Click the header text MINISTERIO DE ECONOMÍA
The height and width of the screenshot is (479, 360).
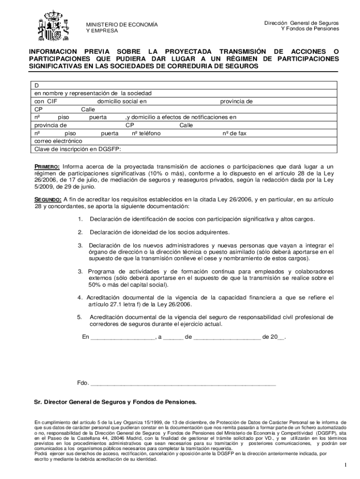[121, 24]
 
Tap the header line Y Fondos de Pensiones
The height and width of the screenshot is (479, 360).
[310, 29]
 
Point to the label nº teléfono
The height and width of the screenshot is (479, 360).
[146, 133]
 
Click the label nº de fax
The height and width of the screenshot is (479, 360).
[234, 133]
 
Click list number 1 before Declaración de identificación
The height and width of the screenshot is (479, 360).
[80, 219]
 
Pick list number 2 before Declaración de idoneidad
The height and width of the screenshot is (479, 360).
[80, 232]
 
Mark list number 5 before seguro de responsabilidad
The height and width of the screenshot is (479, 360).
[80, 317]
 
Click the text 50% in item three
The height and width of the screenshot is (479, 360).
[95, 285]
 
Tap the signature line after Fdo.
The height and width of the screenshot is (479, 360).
[182, 384]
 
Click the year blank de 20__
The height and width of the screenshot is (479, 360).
[281, 337]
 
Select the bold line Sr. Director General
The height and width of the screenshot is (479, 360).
[115, 402]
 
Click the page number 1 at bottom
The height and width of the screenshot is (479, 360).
[345, 465]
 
